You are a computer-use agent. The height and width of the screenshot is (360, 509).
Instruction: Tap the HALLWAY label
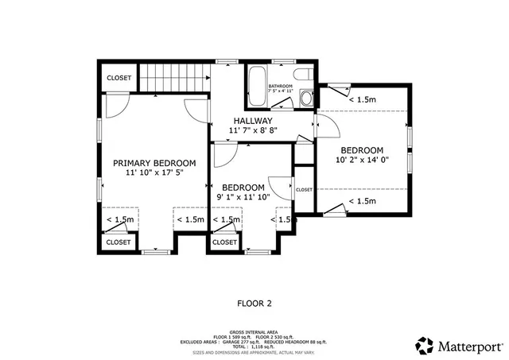tap(252, 121)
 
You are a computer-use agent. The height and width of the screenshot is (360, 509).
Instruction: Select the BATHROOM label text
tap(281, 86)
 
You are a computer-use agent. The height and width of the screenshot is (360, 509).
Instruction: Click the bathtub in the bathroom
tap(257, 87)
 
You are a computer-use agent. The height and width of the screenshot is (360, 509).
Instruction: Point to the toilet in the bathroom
tap(307, 97)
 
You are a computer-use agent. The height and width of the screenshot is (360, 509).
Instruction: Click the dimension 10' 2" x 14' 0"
tap(362, 160)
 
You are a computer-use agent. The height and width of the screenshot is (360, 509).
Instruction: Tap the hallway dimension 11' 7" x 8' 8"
tap(252, 130)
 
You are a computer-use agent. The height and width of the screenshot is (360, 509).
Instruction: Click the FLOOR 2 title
tap(254, 303)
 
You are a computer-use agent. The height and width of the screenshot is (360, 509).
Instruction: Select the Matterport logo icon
tap(425, 346)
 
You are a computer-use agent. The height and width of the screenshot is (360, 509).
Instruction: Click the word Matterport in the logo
tap(471, 346)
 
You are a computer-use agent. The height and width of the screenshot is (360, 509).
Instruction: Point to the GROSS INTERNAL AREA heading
tap(254, 332)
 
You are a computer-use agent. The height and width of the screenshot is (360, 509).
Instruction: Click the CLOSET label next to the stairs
tap(119, 78)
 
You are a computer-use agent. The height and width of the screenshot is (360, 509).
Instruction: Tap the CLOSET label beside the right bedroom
tap(304, 190)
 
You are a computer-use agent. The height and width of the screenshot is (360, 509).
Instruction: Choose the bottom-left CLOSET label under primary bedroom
tap(119, 242)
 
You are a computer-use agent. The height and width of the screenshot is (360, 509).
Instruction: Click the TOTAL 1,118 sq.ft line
tap(254, 347)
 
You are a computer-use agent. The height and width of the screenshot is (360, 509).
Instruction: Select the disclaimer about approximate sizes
tap(254, 352)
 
